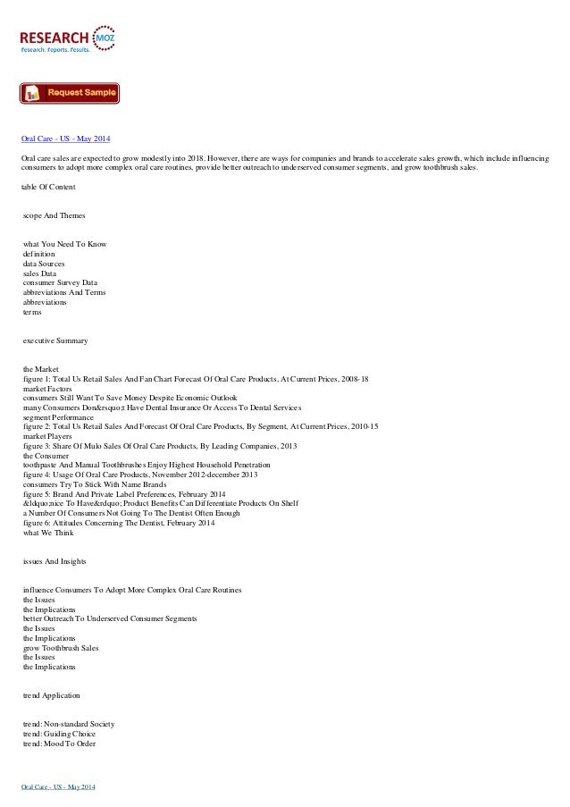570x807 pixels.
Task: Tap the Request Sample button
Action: pos(70,93)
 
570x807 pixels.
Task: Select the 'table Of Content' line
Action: pos(48,186)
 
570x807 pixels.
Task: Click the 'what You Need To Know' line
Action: pos(65,244)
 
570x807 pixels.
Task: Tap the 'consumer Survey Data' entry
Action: pos(60,282)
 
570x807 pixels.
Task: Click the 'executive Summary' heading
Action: pos(55,341)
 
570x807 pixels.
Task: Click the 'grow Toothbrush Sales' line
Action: pos(61,647)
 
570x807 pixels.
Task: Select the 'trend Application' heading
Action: pos(52,694)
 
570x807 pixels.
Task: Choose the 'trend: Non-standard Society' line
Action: pos(69,723)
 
